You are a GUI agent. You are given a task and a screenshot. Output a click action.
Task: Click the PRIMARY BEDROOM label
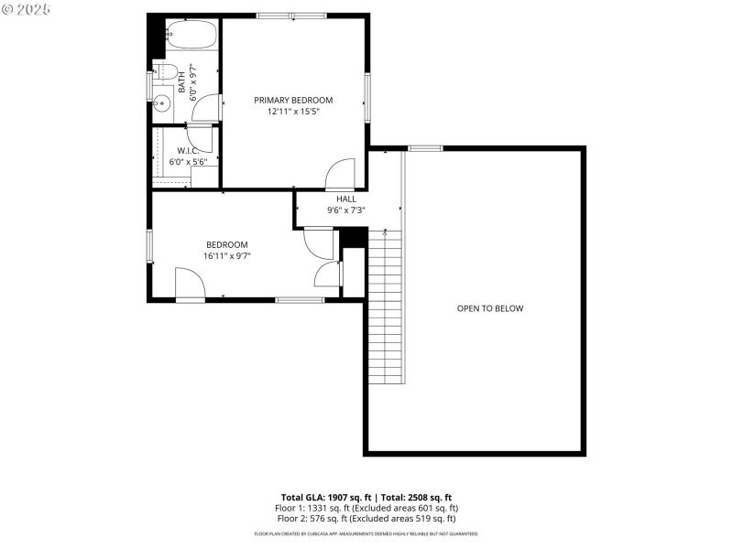coord(293,100)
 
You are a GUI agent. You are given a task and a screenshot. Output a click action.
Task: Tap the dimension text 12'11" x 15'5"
coord(293,112)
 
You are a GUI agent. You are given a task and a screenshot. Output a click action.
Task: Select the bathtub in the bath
coord(191,37)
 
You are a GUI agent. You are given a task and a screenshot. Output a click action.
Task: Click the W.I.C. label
coord(189,150)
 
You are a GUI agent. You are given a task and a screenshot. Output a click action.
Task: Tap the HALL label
coord(346,199)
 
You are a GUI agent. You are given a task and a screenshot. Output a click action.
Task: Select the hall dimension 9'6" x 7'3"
coord(346,210)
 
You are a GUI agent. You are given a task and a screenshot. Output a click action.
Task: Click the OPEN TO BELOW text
coord(490,308)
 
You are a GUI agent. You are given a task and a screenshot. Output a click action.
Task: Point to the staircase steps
coord(385,307)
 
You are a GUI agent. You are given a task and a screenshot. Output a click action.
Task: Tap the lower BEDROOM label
coord(226,244)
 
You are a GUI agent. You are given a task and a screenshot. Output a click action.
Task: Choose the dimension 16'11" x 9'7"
coord(226,256)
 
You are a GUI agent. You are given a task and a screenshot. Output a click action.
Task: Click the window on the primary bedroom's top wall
coord(291,16)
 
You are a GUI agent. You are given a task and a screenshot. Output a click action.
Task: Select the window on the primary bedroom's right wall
coord(367,97)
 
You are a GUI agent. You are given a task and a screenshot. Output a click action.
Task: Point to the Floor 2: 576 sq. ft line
coord(366,518)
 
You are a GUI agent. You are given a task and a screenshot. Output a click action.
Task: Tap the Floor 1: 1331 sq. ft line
coord(366,507)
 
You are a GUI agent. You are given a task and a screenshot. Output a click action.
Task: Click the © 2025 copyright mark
coord(27,8)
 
